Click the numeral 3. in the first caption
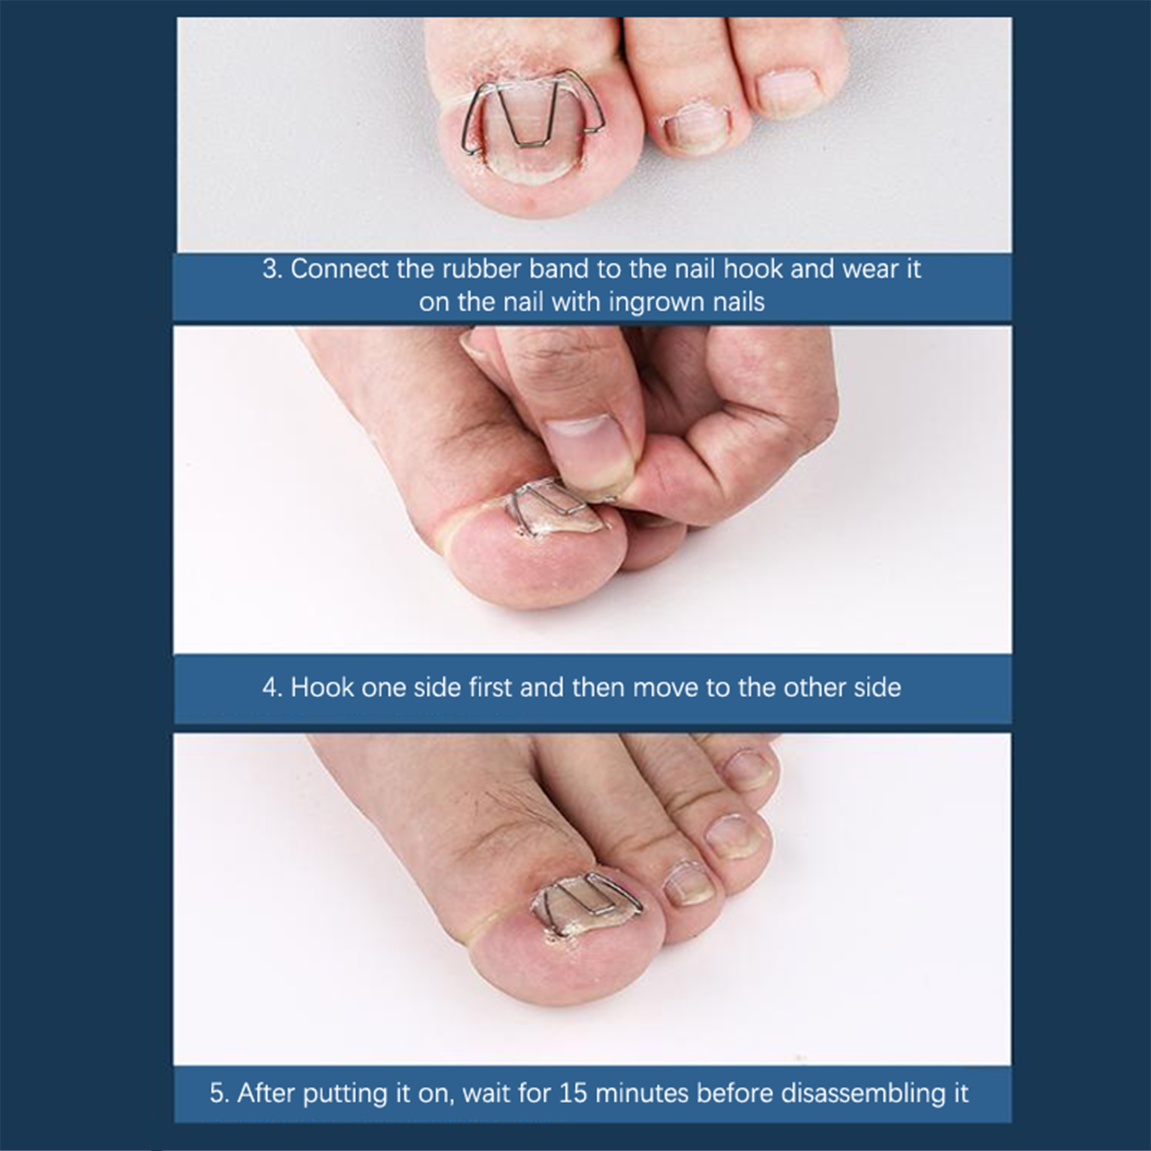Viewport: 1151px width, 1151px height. tap(273, 269)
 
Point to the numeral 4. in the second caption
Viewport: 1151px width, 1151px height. tap(273, 688)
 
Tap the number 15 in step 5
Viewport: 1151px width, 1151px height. tap(573, 1093)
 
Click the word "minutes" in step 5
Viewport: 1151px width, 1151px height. tap(642, 1093)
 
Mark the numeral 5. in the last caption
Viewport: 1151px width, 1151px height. tap(219, 1093)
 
